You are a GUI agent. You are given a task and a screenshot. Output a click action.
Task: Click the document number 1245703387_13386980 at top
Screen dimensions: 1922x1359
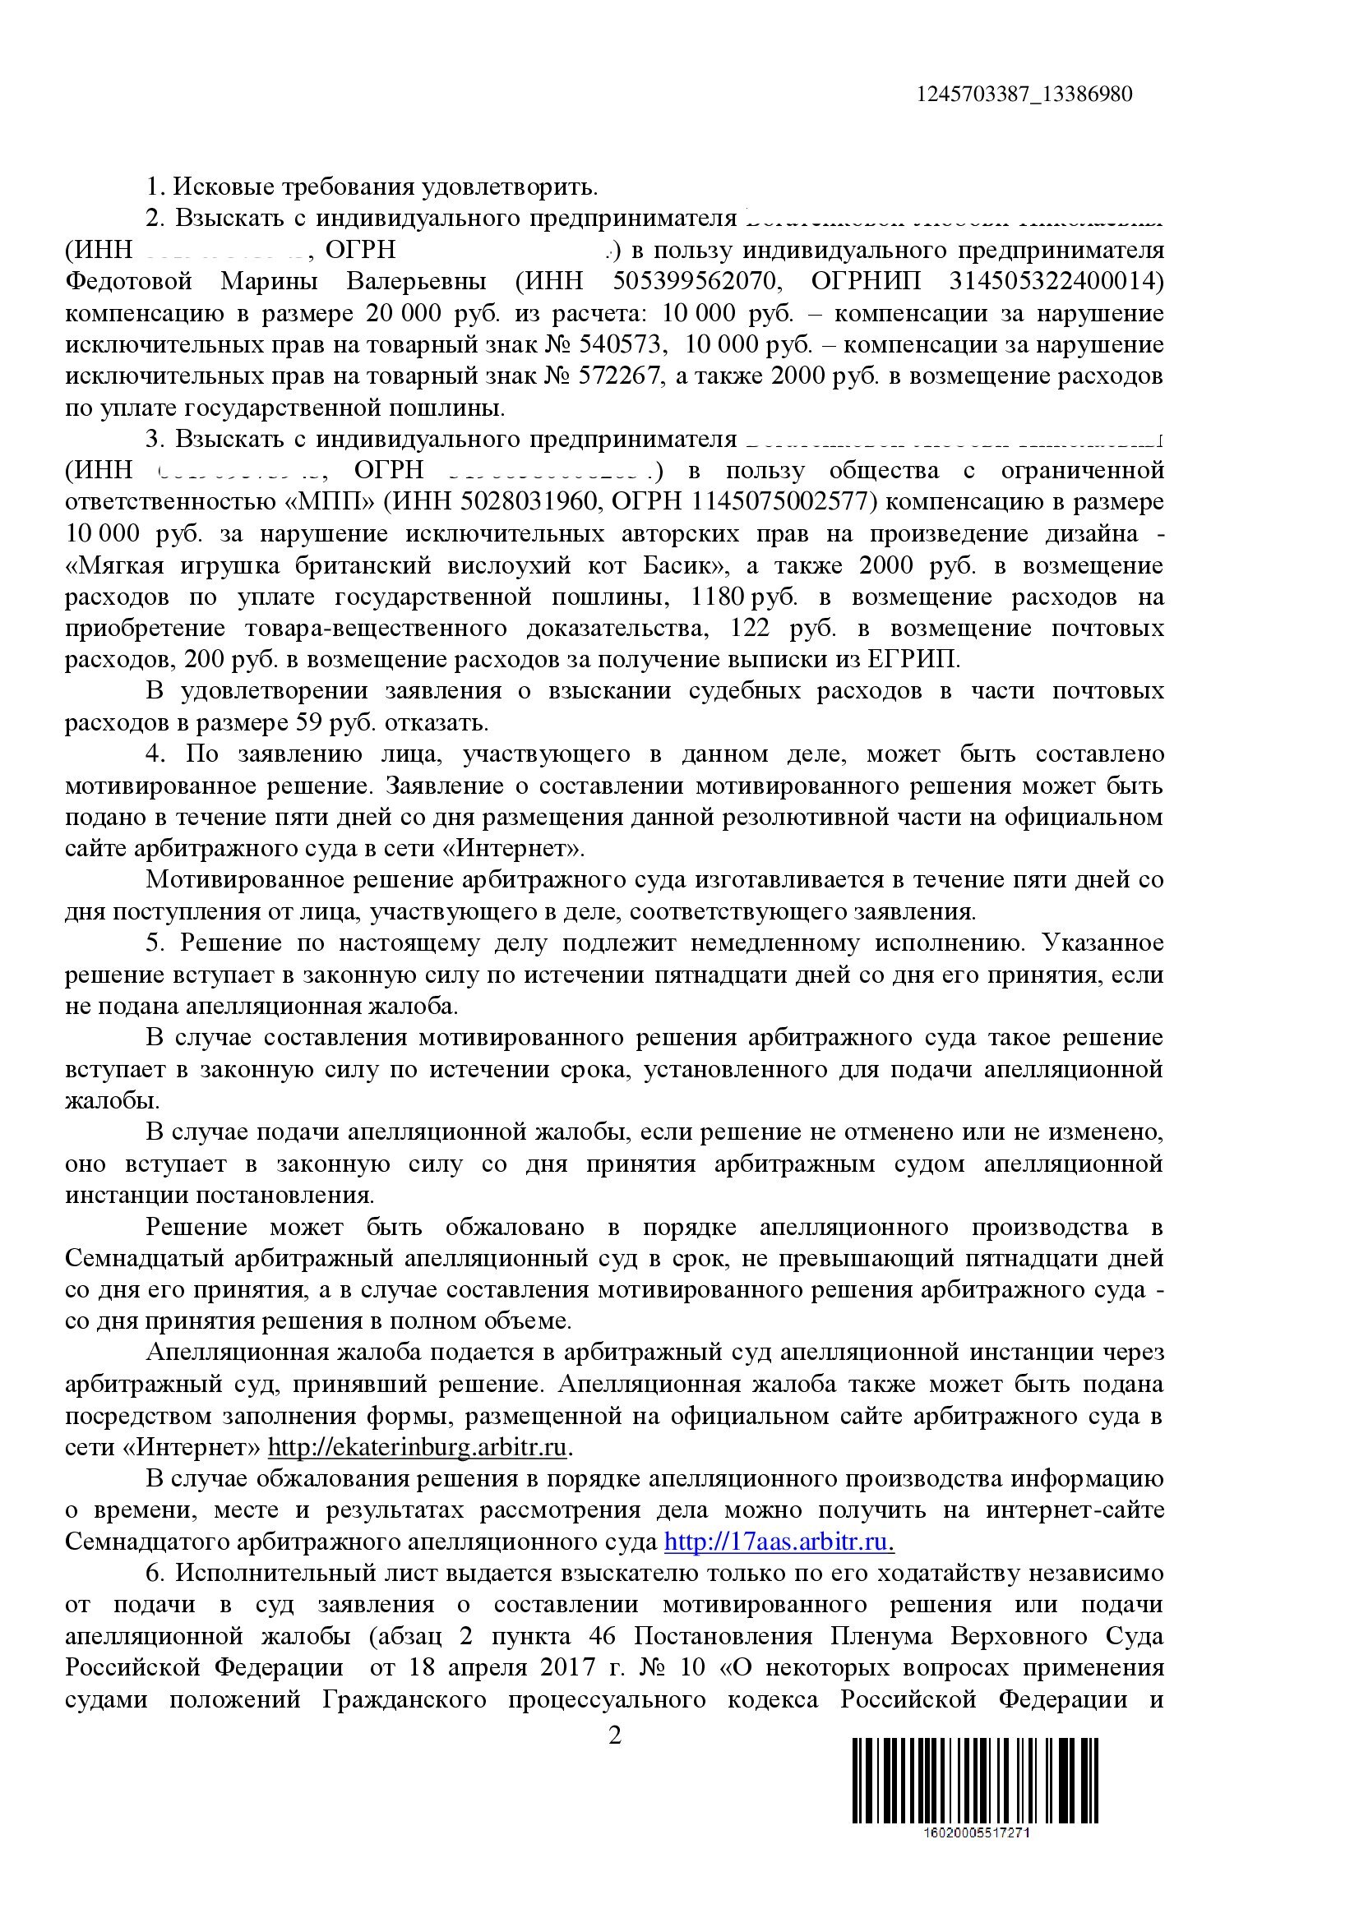point(1024,94)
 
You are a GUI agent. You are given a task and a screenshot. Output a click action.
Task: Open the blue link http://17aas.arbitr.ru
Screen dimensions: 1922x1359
point(779,1541)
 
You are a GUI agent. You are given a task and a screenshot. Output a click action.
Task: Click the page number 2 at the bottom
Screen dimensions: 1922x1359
point(615,1736)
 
